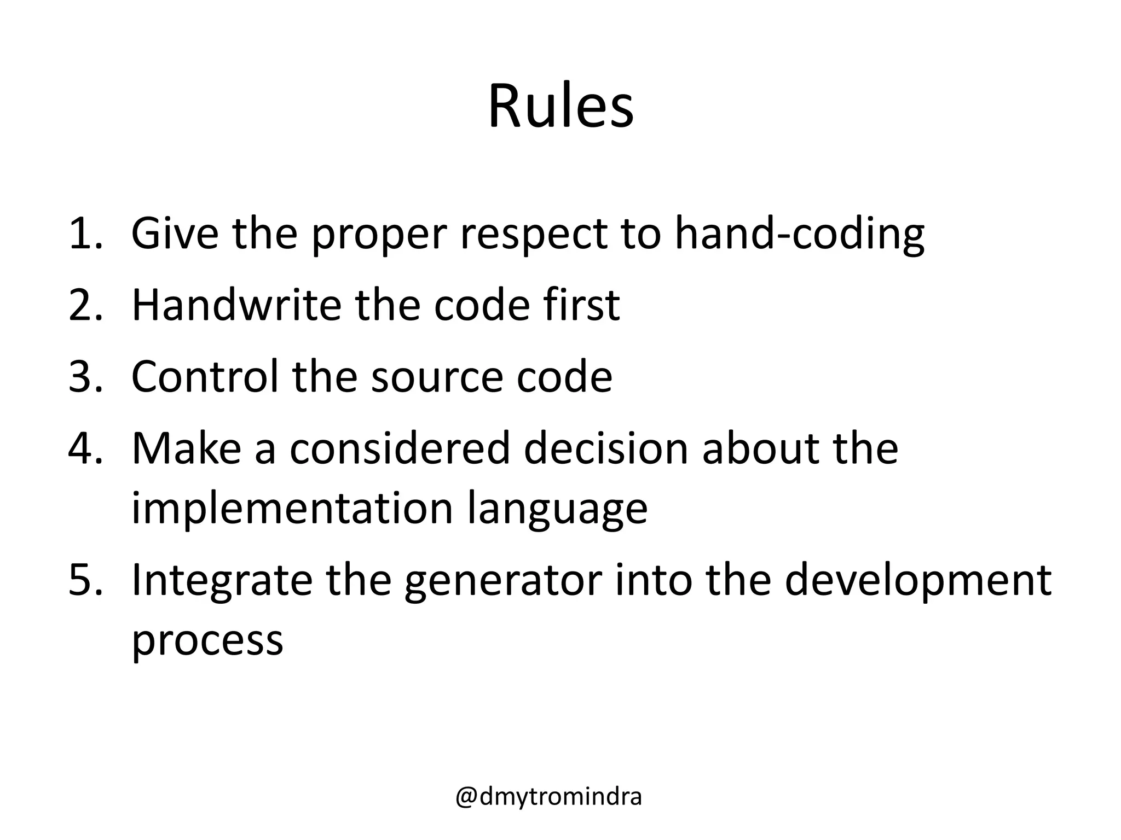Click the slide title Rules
pos(560,107)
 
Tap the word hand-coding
pos(799,234)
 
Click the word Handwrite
pos(236,305)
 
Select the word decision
pos(605,448)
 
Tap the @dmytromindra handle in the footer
pos(548,797)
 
